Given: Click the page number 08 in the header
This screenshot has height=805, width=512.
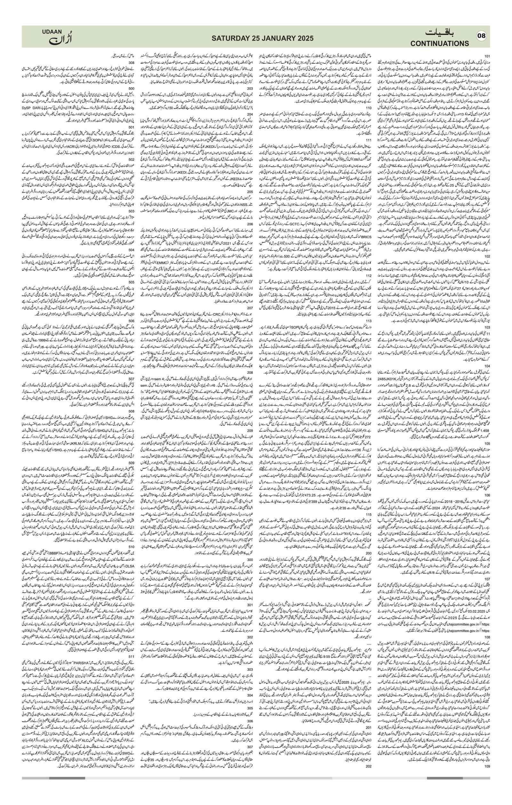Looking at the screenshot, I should click(x=481, y=36).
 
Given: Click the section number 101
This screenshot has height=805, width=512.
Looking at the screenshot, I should click(x=487, y=56).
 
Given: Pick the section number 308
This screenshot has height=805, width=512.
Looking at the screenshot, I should click(x=131, y=62).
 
